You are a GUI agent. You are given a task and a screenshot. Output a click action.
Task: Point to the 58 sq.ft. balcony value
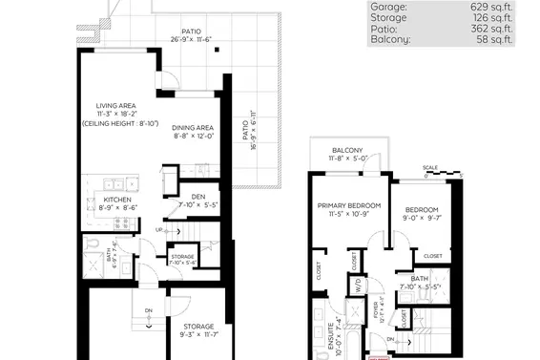pos(498,40)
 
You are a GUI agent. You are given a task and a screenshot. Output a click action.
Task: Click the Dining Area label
pos(193,128)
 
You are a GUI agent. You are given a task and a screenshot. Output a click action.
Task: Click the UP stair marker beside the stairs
pos(159,230)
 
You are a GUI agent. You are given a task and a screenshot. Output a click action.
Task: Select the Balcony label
pos(347,152)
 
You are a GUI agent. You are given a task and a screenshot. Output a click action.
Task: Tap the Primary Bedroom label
pos(350,205)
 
